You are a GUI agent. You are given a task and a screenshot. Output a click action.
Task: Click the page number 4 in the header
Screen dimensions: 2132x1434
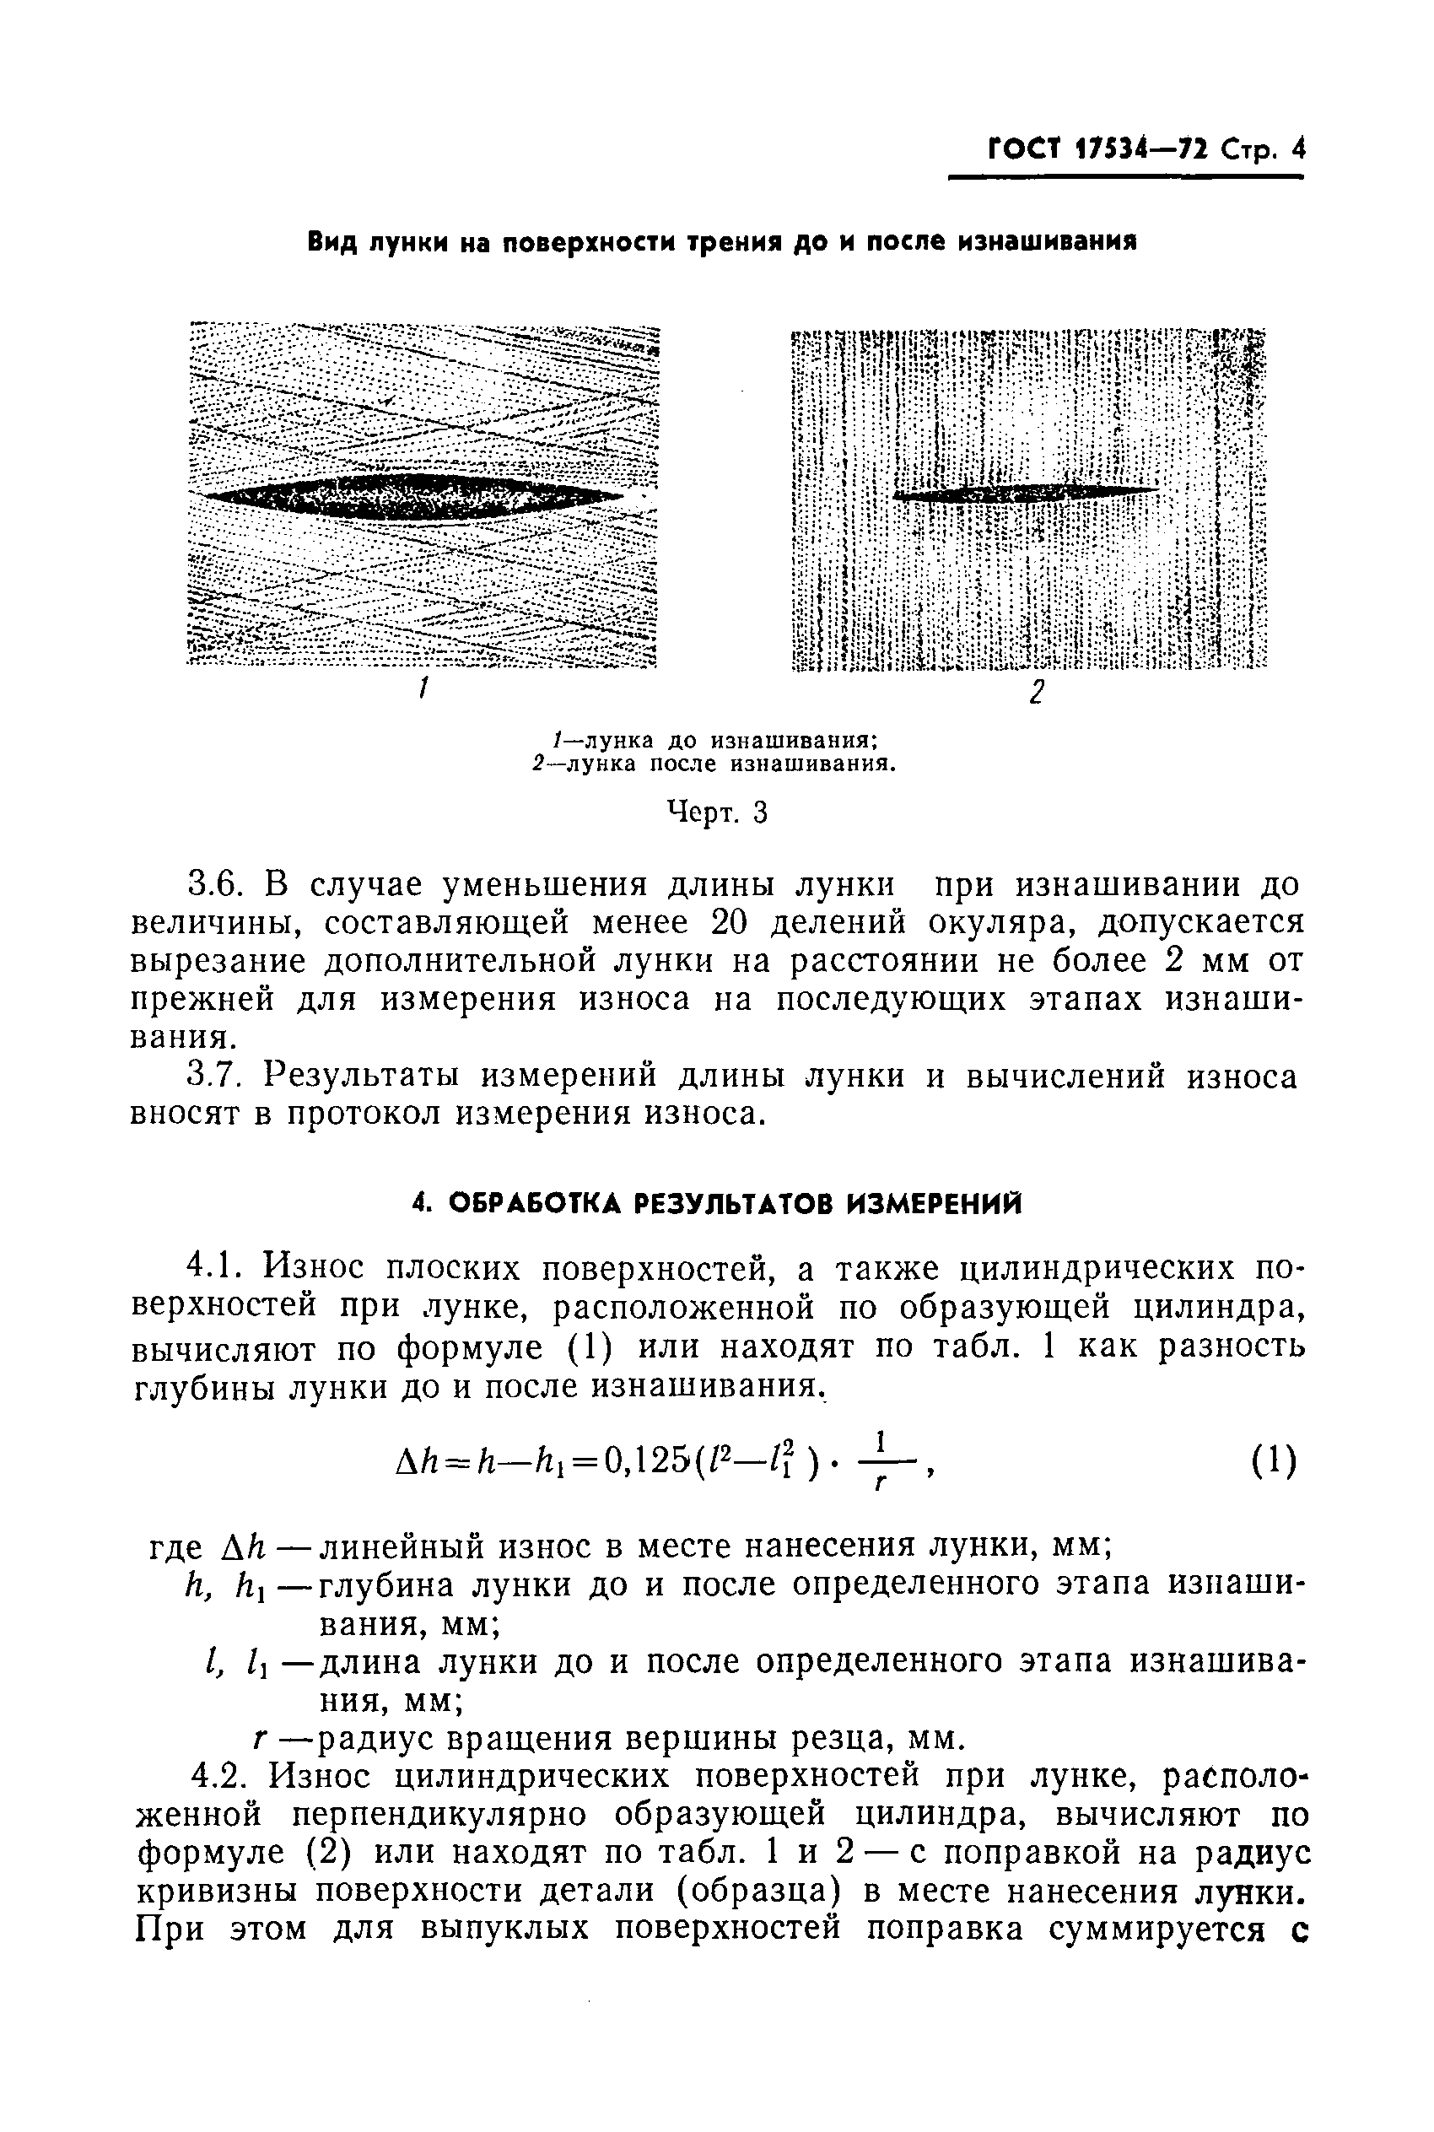pyautogui.click(x=1296, y=149)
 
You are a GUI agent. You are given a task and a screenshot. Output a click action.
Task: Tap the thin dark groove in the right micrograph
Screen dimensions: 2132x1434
pyautogui.click(x=1024, y=492)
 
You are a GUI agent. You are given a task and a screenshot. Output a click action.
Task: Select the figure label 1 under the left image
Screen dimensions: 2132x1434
pyautogui.click(x=423, y=688)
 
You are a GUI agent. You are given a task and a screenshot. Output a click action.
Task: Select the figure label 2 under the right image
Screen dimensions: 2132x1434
pyautogui.click(x=1036, y=692)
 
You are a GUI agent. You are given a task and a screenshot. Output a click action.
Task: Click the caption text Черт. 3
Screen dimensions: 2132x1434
pyautogui.click(x=716, y=812)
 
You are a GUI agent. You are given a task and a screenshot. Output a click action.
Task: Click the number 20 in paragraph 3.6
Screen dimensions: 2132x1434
pyautogui.click(x=730, y=924)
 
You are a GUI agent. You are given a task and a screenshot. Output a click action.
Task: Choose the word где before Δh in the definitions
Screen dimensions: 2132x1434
pyautogui.click(x=175, y=1547)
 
